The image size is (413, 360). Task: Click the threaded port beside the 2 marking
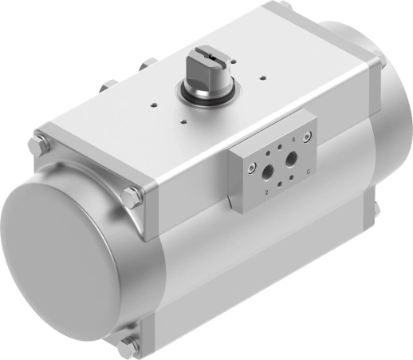coord(265,170)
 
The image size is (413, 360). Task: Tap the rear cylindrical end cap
coord(391,120)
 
